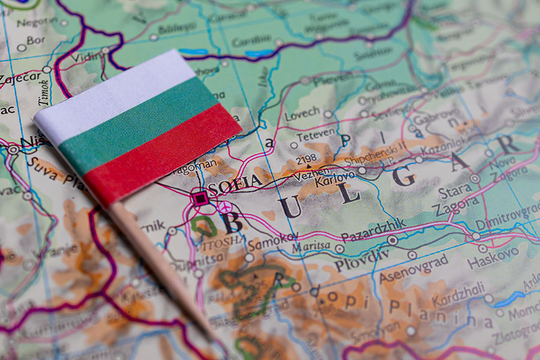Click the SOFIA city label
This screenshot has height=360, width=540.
(235, 183)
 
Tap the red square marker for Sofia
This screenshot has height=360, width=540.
(199, 197)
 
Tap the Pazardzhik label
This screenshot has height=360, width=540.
(374, 230)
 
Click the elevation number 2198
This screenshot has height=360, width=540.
(306, 159)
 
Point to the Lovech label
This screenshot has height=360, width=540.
(302, 113)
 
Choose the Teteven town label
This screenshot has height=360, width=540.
(316, 136)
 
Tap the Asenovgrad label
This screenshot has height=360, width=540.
(413, 268)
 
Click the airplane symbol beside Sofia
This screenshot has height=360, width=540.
(224, 207)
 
